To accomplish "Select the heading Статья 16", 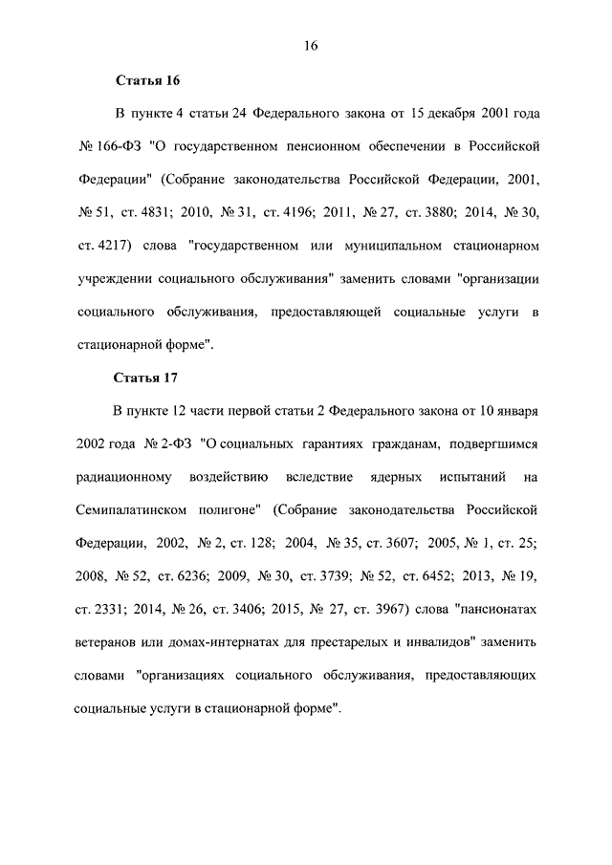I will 147,80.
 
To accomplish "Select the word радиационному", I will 121,478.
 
